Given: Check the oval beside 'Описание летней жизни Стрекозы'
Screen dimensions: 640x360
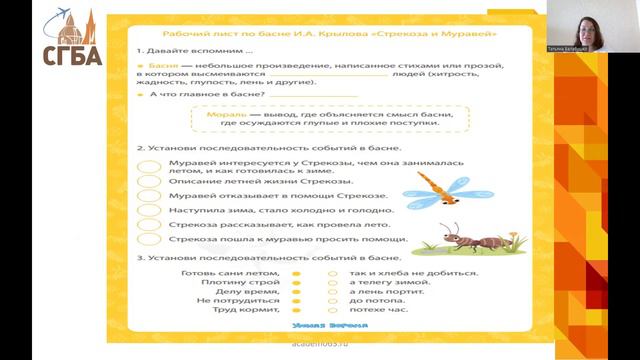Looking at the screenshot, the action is (x=150, y=181).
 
